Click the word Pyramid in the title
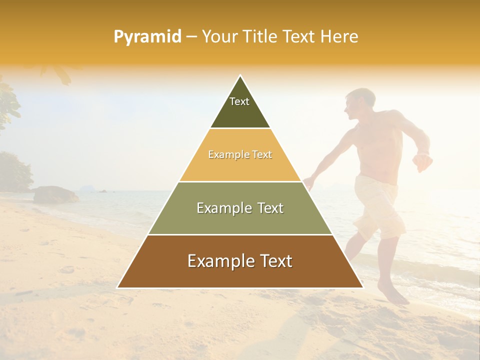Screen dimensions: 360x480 147,37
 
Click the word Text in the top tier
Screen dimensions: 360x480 239,101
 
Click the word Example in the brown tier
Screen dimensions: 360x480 218,261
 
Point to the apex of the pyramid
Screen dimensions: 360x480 240,76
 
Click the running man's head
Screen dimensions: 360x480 359,102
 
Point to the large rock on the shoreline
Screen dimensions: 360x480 55,194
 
